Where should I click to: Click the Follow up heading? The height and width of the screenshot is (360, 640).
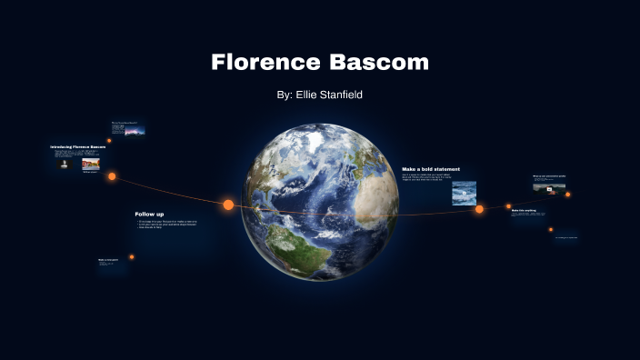click(149, 215)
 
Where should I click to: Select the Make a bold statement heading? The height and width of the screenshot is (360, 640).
click(431, 169)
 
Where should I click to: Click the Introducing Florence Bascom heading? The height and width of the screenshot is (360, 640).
click(78, 146)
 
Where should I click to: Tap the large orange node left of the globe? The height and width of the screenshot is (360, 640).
click(228, 205)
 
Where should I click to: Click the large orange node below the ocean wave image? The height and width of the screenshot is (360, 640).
click(479, 209)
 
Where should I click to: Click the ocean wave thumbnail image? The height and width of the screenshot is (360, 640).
click(465, 192)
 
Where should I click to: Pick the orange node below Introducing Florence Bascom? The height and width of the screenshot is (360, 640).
click(112, 176)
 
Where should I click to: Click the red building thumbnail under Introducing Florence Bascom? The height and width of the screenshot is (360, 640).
click(91, 164)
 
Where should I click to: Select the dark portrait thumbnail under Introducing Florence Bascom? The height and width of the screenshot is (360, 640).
click(64, 165)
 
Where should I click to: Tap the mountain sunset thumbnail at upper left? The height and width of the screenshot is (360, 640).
click(135, 131)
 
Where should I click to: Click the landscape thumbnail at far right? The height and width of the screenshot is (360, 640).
click(543, 187)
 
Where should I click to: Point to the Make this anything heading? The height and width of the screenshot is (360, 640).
click(524, 210)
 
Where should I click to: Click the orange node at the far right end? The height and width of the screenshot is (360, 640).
click(568, 194)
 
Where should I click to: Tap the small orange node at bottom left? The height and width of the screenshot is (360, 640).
click(131, 257)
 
